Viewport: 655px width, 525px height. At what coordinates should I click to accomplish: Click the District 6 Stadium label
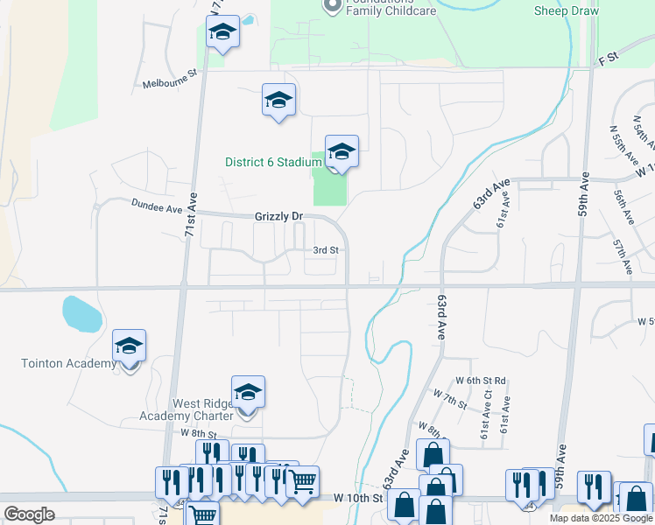pos(273,162)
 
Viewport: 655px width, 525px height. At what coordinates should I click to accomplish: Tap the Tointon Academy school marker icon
pos(129,347)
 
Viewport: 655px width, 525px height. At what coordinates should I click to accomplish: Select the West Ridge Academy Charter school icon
pos(248,394)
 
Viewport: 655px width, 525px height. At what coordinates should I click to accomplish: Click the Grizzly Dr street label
pos(278,215)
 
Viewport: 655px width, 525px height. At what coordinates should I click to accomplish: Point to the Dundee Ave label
pos(156,206)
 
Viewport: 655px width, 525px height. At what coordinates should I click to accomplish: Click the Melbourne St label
pos(170,84)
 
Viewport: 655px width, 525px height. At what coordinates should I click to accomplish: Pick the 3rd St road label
pos(326,250)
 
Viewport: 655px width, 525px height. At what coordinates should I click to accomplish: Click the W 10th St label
pos(359,498)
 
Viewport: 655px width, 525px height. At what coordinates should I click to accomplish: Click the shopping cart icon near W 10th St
pos(302,481)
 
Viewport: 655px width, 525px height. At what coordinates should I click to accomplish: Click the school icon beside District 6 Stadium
pos(342,152)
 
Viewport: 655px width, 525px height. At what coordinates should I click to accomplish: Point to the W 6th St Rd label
pos(481,381)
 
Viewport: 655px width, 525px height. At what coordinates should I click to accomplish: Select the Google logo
pos(29,514)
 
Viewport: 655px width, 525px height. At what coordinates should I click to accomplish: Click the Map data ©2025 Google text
pos(601,518)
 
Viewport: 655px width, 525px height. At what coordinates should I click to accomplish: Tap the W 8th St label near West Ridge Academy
pos(198,433)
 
